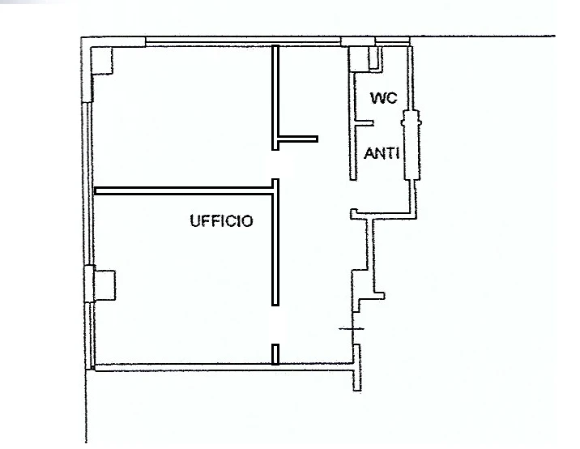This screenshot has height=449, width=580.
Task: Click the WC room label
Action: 384,98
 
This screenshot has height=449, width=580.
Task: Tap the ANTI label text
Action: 382,153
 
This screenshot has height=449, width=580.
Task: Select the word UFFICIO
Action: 222,221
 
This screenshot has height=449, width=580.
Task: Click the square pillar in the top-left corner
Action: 101,60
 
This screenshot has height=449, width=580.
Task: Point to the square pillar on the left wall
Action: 104,285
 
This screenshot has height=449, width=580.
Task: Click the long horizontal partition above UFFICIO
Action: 184,190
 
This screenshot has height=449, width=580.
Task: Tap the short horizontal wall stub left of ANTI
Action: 297,139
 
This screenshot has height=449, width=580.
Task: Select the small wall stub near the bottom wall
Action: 275,354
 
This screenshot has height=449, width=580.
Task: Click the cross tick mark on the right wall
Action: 352,328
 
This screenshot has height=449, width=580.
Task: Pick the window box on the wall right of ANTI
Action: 411,145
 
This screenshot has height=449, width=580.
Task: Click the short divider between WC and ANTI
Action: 364,122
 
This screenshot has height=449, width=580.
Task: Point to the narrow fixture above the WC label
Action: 375,58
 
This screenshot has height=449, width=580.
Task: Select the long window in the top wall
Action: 243,41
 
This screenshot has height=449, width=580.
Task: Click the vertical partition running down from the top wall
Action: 275,97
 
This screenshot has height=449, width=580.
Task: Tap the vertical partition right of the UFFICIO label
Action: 275,242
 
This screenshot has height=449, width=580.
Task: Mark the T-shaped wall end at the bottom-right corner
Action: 357,367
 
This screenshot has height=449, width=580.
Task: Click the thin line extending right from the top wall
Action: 483,36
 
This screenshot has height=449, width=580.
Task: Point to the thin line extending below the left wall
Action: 86,406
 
